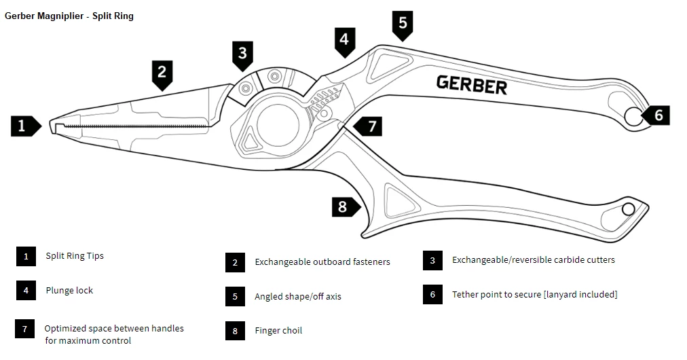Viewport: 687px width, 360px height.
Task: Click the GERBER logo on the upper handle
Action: point(471,85)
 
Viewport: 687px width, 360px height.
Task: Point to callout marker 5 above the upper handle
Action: point(403,24)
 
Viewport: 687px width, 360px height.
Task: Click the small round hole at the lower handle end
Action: point(628,209)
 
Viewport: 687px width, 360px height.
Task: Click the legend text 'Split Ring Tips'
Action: point(75,256)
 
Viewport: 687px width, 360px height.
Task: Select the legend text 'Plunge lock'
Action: point(69,291)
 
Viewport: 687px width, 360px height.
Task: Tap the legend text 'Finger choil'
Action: point(278,331)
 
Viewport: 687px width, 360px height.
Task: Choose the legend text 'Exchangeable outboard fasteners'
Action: point(322,262)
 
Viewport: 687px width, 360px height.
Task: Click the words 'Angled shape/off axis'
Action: point(297,297)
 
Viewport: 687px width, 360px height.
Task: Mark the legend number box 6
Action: point(432,295)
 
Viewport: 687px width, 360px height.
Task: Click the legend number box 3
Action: point(432,260)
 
